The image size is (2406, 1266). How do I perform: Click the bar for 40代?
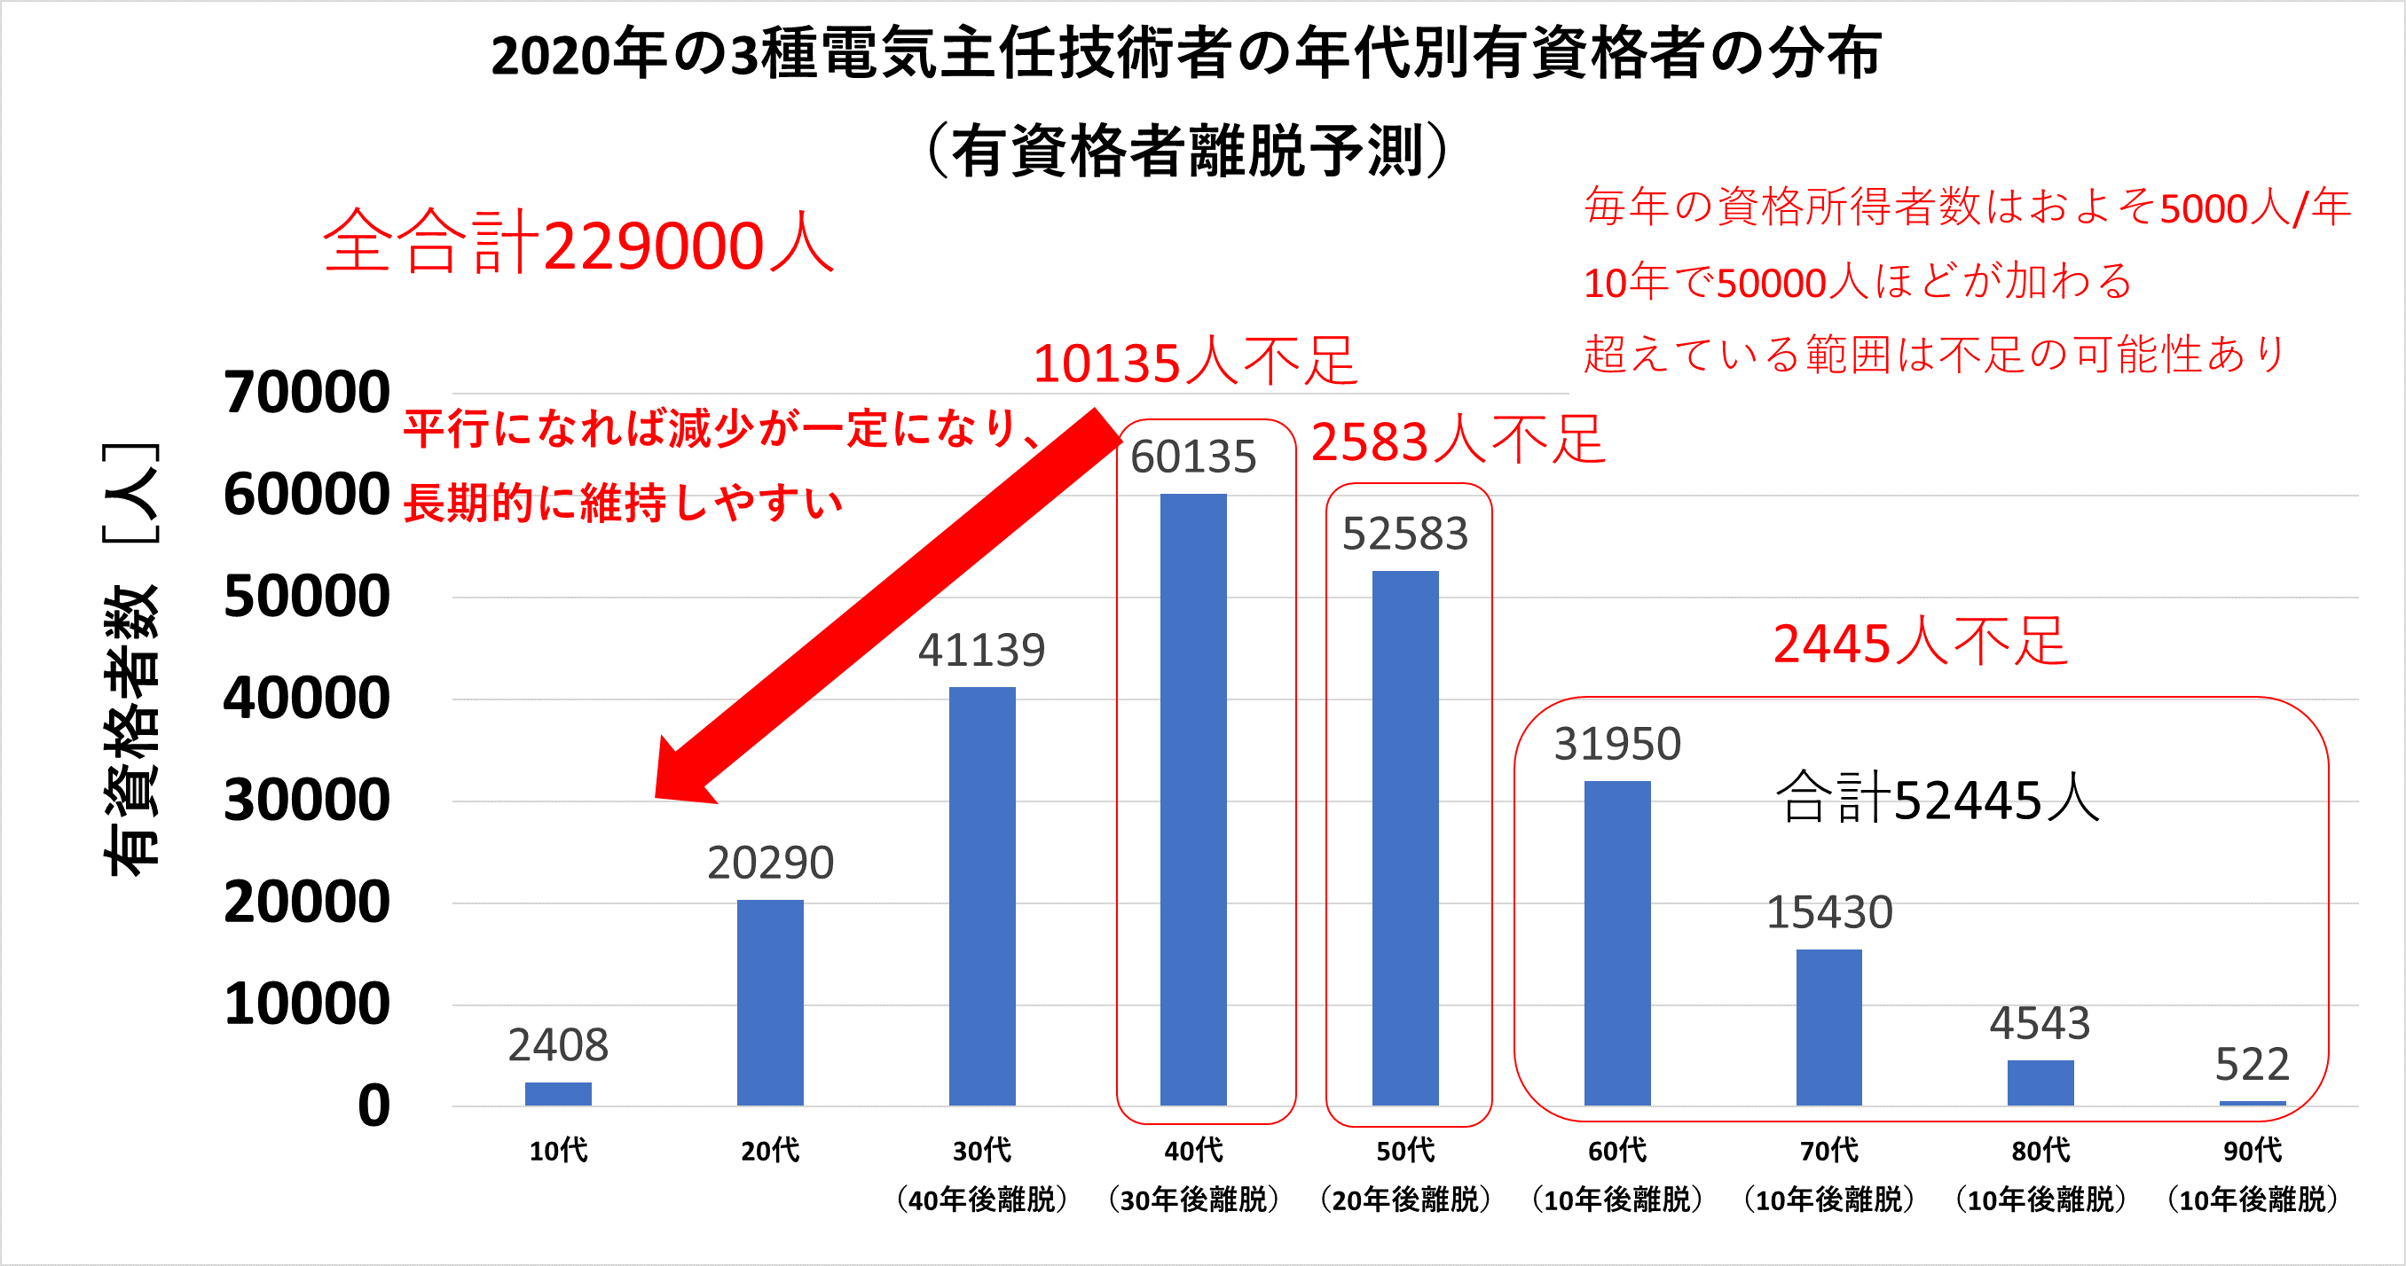point(1192,799)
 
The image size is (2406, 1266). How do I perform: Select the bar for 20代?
point(770,1003)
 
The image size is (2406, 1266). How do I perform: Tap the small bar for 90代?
point(2252,1103)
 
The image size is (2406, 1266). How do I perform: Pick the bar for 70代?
point(1828,1027)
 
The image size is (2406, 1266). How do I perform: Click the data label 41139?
point(980,650)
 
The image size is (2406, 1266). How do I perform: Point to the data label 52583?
point(1404,534)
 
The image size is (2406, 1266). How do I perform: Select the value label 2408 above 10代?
point(558,1044)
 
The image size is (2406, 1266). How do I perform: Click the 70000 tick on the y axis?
point(306,392)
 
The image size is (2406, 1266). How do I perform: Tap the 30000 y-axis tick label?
point(306,801)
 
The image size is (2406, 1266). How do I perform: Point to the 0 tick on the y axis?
point(373,1106)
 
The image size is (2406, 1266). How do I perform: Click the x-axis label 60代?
point(1616,1150)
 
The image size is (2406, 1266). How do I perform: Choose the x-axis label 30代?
point(980,1150)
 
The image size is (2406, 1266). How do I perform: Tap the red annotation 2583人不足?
point(1457,441)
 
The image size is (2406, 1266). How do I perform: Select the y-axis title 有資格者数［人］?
point(130,658)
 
